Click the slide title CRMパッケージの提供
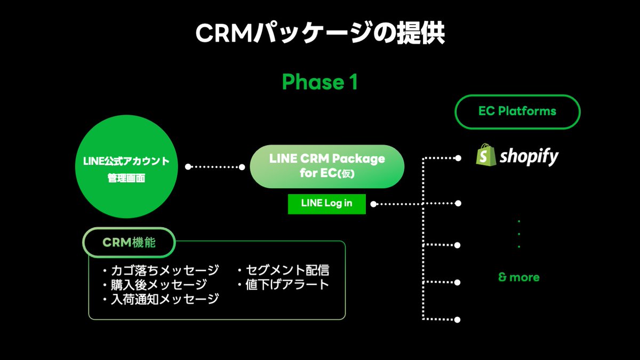point(319,33)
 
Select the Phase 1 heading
point(319,82)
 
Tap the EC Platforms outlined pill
point(517,111)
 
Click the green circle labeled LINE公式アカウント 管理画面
point(126,168)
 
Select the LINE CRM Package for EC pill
point(327,166)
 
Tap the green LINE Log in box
point(326,203)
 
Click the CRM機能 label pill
point(129,242)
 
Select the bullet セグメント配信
point(283,269)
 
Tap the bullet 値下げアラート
point(283,284)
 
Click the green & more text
point(518,277)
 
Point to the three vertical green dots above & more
point(519,234)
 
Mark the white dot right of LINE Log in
point(374,203)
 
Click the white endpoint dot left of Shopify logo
point(457,158)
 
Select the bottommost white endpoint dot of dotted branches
point(457,319)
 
